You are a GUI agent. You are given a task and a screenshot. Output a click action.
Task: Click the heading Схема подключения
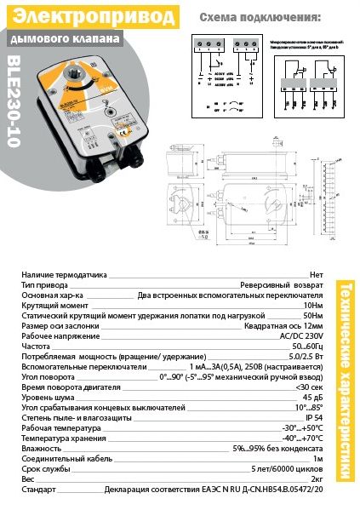coord(260,17)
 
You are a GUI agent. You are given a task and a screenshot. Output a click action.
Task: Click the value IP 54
coord(314,419)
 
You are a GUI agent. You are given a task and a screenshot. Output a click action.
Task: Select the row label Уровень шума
coord(47,396)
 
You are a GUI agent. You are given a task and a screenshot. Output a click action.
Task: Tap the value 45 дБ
coord(312,396)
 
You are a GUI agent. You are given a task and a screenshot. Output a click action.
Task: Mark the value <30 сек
coord(307,385)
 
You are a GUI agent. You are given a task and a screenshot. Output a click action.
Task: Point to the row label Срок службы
coord(46,468)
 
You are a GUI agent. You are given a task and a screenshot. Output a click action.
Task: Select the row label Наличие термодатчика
coord(64,275)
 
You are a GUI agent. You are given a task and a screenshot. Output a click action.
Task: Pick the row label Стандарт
coord(38,491)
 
